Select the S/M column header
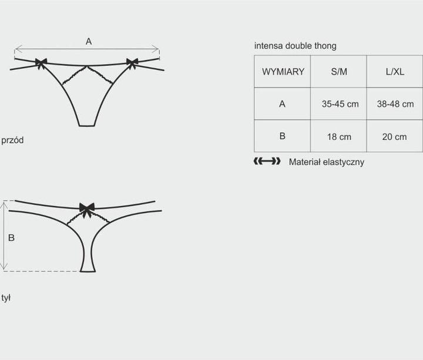339,72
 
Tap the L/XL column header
395,72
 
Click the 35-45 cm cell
340,104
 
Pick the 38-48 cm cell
395,104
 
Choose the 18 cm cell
339,137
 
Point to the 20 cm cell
394,137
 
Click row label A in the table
282,104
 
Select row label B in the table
282,136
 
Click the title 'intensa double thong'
295,46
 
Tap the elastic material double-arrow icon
267,162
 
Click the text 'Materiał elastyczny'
327,162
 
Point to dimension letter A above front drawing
89,42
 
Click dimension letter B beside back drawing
11,238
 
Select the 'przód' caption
12,140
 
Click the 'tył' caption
6,298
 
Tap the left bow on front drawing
41,63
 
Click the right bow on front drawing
132,63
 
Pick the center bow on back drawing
87,210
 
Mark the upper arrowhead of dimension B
4,203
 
